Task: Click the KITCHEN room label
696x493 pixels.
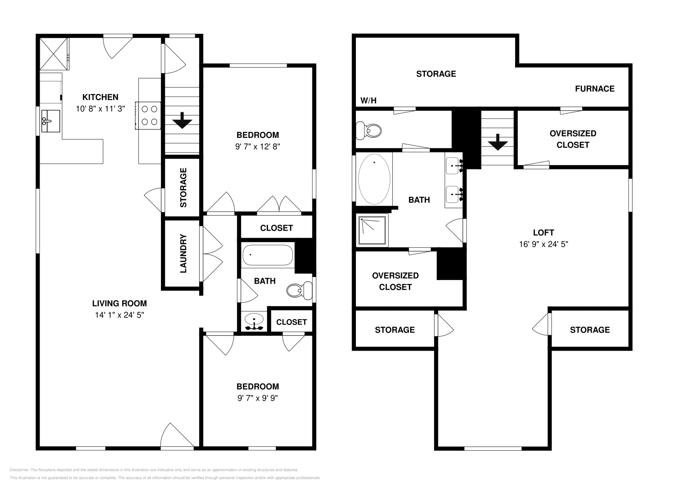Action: click(x=100, y=97)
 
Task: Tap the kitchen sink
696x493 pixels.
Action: click(x=50, y=121)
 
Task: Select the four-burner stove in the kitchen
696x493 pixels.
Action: click(x=148, y=115)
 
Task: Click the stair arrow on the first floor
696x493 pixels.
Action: click(x=182, y=120)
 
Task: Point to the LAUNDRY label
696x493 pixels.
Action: click(x=183, y=253)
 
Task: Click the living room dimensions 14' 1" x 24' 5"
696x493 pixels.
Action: click(x=119, y=315)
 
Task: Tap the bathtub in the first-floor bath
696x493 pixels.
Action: click(x=268, y=255)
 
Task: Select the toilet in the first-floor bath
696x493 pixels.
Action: click(x=299, y=290)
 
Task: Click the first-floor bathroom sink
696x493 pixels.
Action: click(x=254, y=321)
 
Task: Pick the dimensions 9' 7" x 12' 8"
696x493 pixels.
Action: click(x=258, y=146)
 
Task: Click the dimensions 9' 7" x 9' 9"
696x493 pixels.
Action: click(x=258, y=398)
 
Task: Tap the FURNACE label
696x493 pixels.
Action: click(x=595, y=89)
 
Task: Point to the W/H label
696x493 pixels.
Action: click(x=368, y=101)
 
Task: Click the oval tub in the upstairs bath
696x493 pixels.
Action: click(x=374, y=179)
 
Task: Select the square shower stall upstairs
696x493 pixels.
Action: click(x=372, y=230)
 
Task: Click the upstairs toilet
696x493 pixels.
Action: click(x=368, y=131)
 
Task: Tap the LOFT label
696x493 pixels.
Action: click(x=543, y=233)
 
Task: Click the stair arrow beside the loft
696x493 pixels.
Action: click(x=498, y=142)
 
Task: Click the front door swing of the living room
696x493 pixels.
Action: click(x=177, y=435)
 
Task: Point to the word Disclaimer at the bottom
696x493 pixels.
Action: click(x=19, y=470)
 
